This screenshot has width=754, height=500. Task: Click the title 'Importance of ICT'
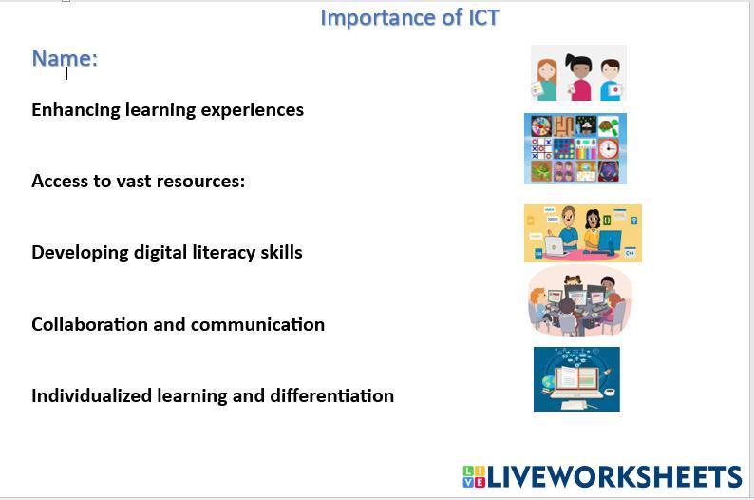(x=409, y=17)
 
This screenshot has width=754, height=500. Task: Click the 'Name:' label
(x=65, y=58)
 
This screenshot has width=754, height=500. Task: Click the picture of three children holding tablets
(x=578, y=72)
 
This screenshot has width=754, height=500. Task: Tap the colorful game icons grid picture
(x=575, y=148)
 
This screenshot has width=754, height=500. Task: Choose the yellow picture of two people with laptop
(x=582, y=233)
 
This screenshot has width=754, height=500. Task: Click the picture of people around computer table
(x=579, y=301)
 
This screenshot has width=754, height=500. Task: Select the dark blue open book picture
(x=576, y=378)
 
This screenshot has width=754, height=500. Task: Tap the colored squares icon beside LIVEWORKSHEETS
(x=474, y=477)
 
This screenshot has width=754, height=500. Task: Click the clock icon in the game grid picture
(x=608, y=148)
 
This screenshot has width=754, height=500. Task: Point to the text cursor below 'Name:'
(x=67, y=73)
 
